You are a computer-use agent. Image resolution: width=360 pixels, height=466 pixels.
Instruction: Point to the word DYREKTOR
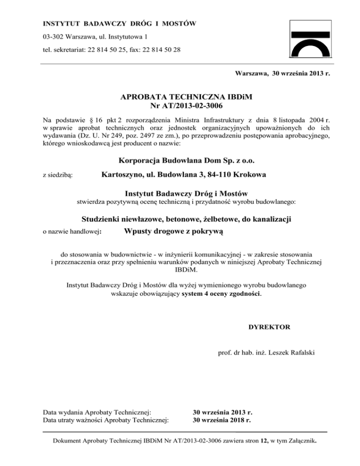click(x=270, y=327)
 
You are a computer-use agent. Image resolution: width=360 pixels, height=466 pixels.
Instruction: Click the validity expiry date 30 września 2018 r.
click(x=223, y=420)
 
